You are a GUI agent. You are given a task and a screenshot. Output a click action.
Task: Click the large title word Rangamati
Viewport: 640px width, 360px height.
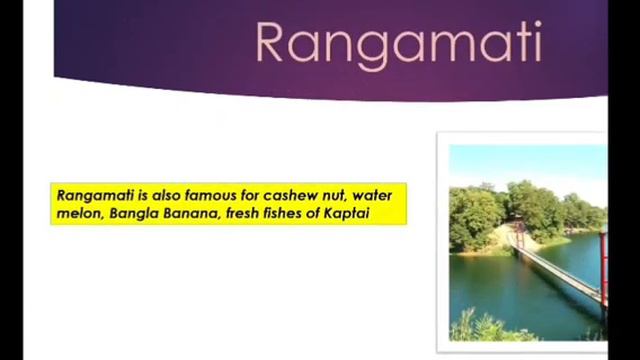[398, 44]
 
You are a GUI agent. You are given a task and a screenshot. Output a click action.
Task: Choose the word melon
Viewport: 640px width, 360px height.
[77, 213]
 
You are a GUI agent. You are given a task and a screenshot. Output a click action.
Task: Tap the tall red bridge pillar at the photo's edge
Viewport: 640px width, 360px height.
[602, 265]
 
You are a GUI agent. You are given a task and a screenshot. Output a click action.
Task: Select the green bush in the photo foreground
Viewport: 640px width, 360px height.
[490, 326]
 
